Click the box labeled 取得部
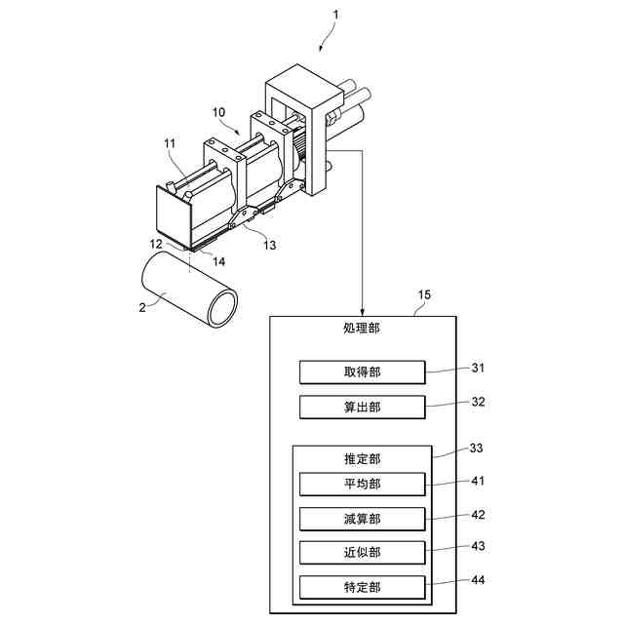[x=362, y=372]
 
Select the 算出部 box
[x=362, y=406]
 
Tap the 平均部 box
[x=362, y=484]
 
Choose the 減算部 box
[x=362, y=518]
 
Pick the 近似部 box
[x=362, y=552]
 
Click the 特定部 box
[x=362, y=587]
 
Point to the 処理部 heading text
[x=362, y=329]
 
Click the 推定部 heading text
[x=362, y=458]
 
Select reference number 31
[x=478, y=368]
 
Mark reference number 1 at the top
[x=336, y=16]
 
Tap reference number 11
[x=170, y=144]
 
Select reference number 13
[x=269, y=244]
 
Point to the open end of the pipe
[x=223, y=307]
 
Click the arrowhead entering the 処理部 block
[x=362, y=310]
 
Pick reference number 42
[x=478, y=513]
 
